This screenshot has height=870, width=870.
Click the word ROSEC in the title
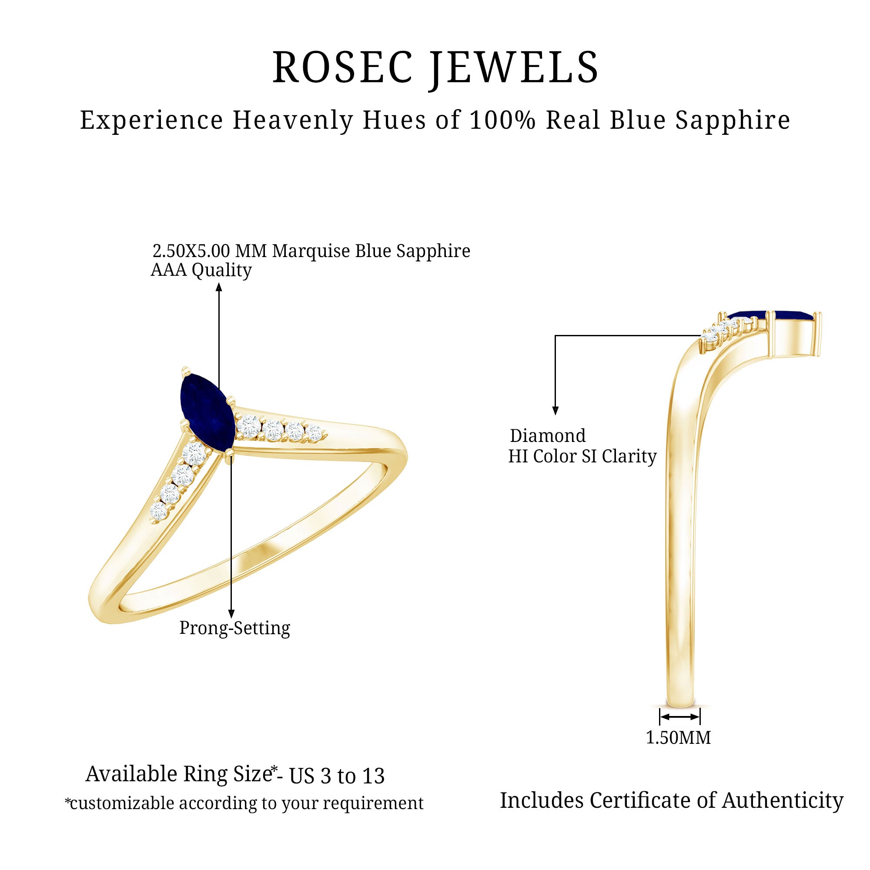click(342, 67)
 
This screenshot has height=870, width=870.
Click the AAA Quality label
click(201, 270)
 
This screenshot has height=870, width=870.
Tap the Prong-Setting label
click(234, 628)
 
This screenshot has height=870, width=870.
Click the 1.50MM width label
click(678, 738)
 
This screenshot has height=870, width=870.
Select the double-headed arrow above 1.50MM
click(679, 716)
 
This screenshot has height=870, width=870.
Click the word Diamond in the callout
click(548, 436)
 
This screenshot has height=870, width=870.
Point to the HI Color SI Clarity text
click(582, 456)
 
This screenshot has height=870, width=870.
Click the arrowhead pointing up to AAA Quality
click(219, 287)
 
